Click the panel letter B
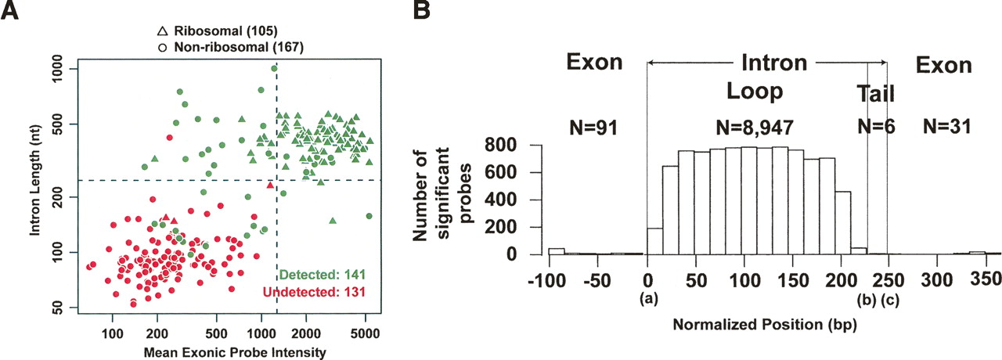pyautogui.click(x=420, y=11)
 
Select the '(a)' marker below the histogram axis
pyautogui.click(x=647, y=298)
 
